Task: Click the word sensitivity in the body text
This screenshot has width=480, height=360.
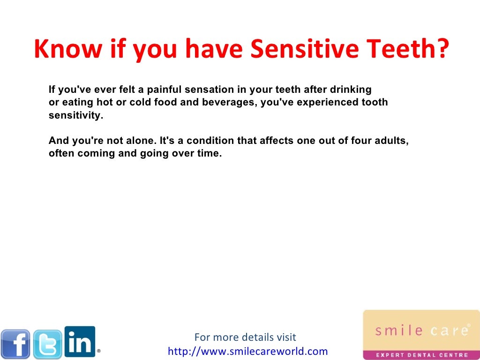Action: [75, 115]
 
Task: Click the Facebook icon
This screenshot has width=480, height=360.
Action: [15, 344]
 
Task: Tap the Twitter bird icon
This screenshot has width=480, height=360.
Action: [47, 344]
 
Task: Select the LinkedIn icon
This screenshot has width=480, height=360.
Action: [80, 341]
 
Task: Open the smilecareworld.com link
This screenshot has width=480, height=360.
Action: [247, 351]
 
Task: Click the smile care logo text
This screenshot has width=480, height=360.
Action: [421, 331]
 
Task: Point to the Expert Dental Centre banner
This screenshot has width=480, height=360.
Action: [421, 355]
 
